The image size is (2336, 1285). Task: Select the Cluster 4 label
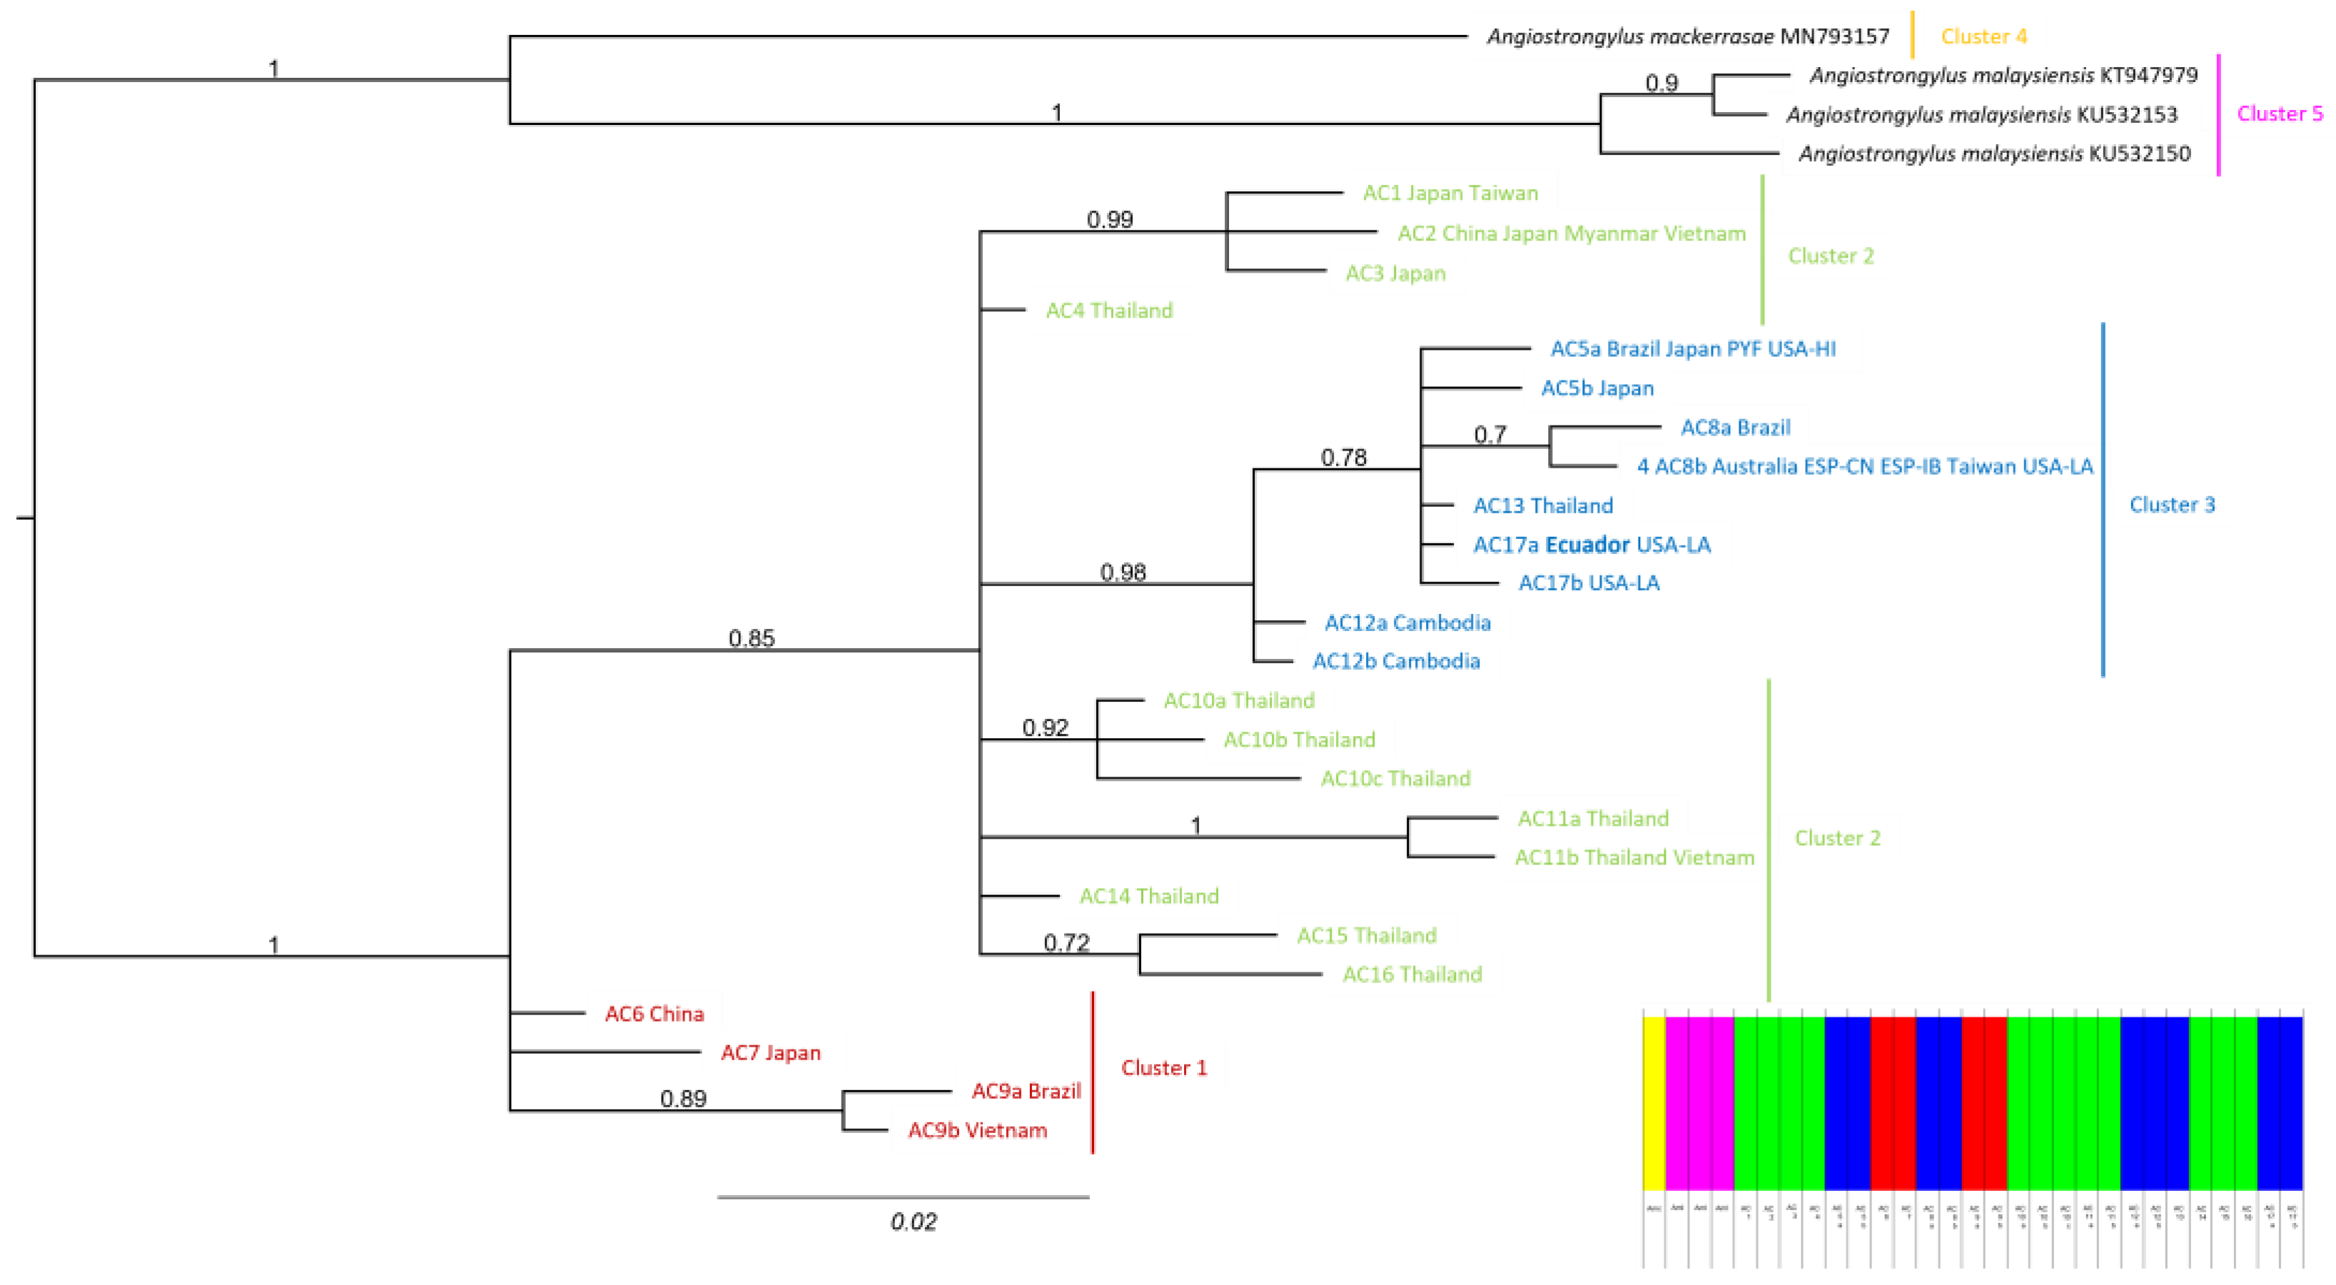pyautogui.click(x=1983, y=37)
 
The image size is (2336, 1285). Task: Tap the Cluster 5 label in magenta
pyautogui.click(x=2279, y=114)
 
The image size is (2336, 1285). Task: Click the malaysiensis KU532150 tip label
pyautogui.click(x=1994, y=154)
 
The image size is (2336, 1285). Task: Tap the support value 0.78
pyautogui.click(x=1343, y=458)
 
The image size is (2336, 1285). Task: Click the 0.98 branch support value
pyautogui.click(x=1123, y=573)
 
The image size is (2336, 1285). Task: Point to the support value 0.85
pyautogui.click(x=752, y=638)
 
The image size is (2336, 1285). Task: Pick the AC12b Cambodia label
pyautogui.click(x=1395, y=662)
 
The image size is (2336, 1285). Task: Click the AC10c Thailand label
pyautogui.click(x=1395, y=779)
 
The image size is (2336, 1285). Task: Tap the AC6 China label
pyautogui.click(x=654, y=1014)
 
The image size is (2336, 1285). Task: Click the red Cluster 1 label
pyautogui.click(x=1163, y=1068)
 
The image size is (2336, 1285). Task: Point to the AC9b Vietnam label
pyautogui.click(x=978, y=1131)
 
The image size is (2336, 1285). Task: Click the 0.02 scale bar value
pyautogui.click(x=913, y=1222)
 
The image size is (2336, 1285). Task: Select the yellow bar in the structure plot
pyautogui.click(x=1653, y=1103)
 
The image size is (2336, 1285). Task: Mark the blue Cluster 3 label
pyautogui.click(x=2171, y=505)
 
